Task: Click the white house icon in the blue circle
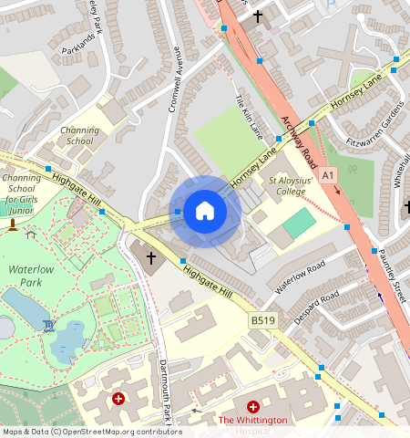point(205,212)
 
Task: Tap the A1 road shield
point(328,173)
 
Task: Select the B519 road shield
point(262,321)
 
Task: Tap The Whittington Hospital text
point(252,421)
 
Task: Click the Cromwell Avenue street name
point(179,88)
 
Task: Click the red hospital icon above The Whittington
point(253,405)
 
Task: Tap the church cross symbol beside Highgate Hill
point(151,258)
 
